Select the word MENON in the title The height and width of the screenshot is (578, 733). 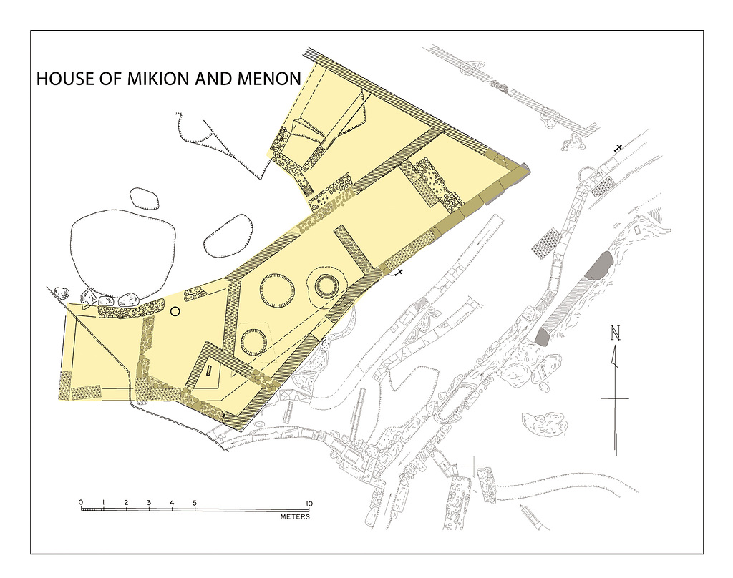(x=269, y=79)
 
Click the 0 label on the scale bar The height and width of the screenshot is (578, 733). (x=81, y=503)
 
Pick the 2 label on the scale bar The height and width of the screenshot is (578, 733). (x=126, y=503)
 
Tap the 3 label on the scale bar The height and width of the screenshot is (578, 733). (x=149, y=503)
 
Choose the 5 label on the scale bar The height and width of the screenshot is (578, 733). (x=195, y=503)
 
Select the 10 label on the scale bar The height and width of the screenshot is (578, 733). (x=309, y=504)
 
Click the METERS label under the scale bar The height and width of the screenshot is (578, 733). (x=295, y=516)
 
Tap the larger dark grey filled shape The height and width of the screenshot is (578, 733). (x=598, y=265)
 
